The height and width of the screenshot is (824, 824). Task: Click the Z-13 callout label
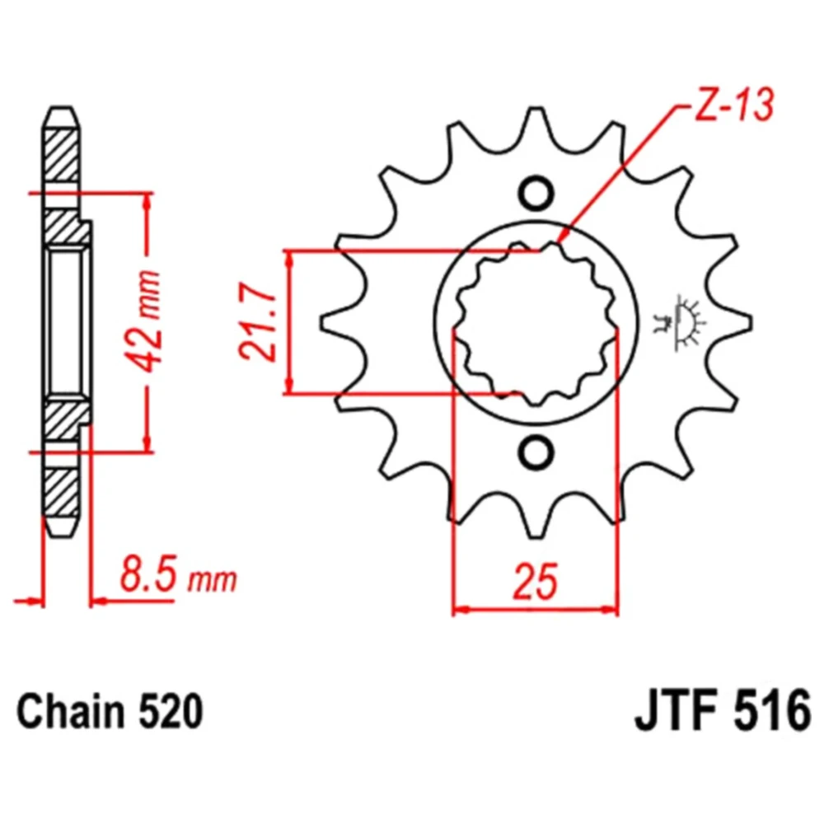734,105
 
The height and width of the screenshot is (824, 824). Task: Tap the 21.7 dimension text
257,322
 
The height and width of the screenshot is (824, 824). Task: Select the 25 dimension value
535,581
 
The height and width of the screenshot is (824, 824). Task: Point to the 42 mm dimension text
143,321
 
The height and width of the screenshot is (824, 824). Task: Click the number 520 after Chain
169,712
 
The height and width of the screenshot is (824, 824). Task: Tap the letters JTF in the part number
676,712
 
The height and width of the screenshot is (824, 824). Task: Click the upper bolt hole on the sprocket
536,193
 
